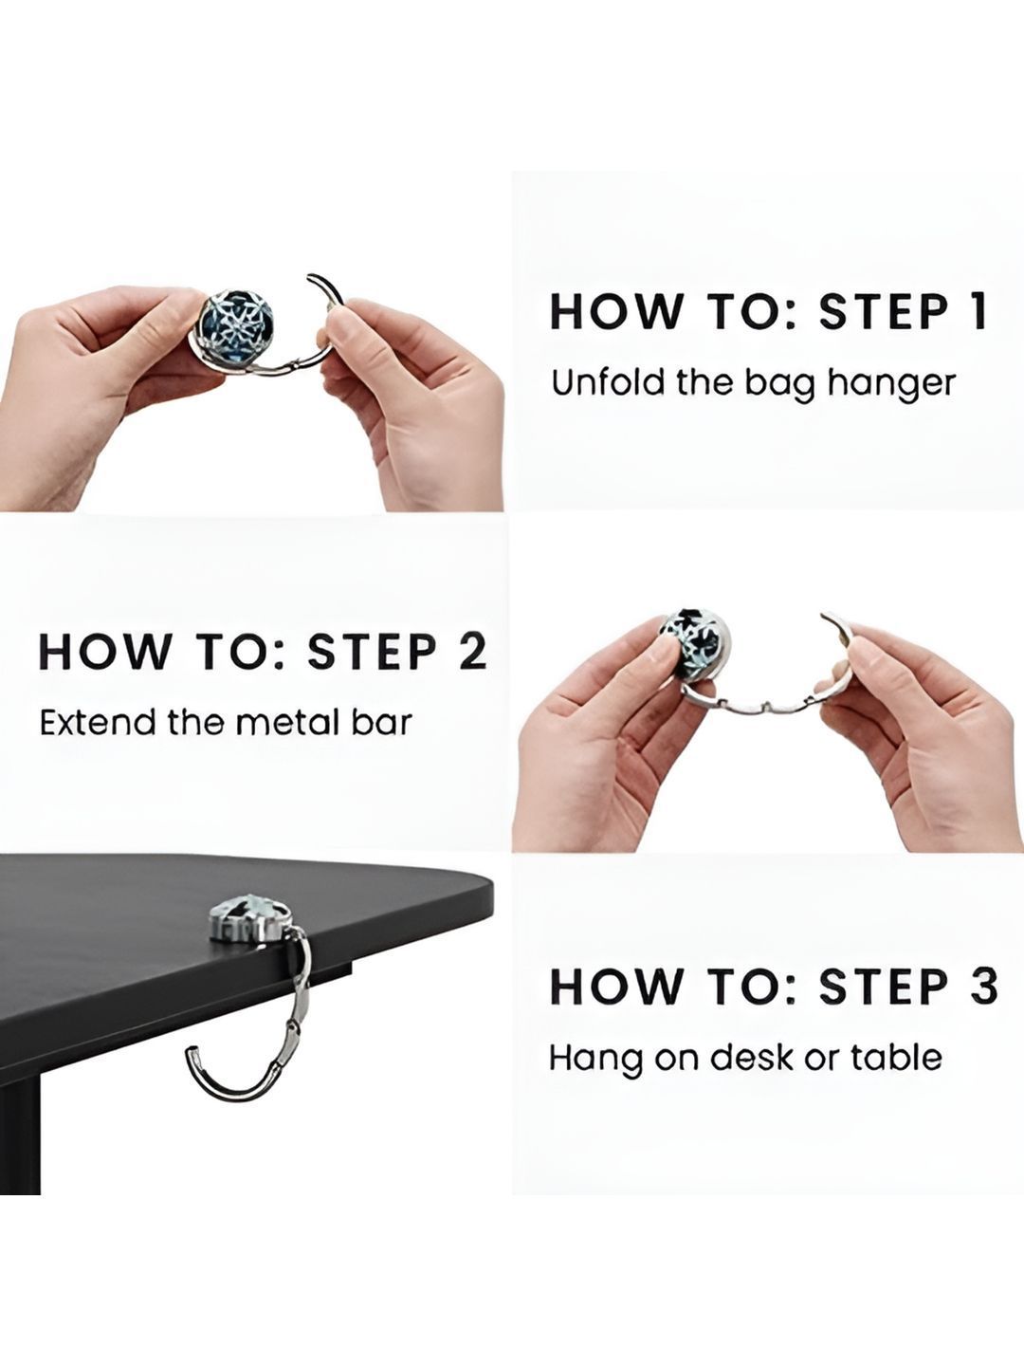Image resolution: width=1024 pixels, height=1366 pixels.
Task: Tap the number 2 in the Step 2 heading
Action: click(472, 652)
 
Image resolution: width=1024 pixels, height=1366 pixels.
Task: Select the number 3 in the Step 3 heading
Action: click(981, 987)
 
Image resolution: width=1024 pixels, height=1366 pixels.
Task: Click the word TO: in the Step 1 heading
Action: click(751, 311)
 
